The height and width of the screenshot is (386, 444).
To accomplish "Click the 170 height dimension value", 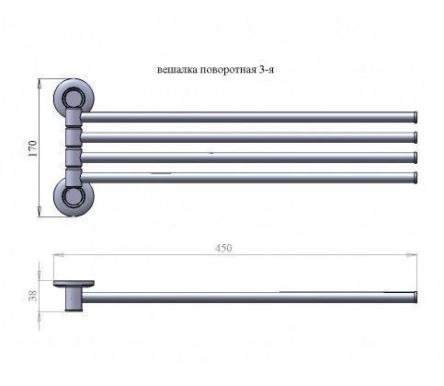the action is tap(32, 148).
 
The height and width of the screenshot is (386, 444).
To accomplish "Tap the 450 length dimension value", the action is tap(223, 248).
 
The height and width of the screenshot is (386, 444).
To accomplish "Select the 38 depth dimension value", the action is tap(32, 296).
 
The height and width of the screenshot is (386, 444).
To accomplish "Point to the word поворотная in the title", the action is tap(228, 70).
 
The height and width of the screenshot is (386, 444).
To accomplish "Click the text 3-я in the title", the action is tap(267, 70).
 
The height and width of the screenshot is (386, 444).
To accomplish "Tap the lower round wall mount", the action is tap(74, 197).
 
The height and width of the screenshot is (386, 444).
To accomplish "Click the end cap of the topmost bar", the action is tap(416, 117).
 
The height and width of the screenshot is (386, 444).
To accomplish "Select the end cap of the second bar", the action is tap(416, 137).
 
